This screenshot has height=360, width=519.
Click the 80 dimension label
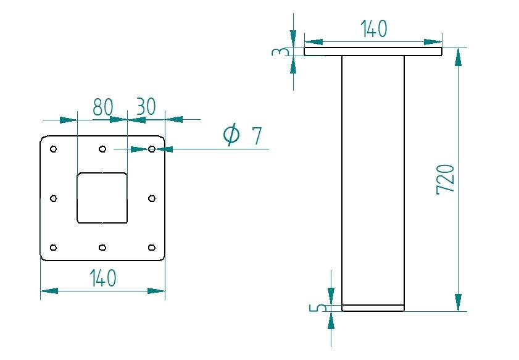click(x=103, y=107)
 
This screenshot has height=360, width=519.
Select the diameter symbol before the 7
click(x=231, y=134)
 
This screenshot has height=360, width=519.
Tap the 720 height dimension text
click(x=446, y=179)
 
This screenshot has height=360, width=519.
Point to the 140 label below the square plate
click(x=102, y=278)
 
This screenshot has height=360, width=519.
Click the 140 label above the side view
click(x=373, y=28)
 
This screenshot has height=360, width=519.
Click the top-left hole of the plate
click(x=53, y=149)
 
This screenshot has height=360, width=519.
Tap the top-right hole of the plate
click(x=152, y=149)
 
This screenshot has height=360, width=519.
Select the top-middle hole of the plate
click(x=102, y=149)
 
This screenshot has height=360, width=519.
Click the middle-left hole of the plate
click(x=53, y=198)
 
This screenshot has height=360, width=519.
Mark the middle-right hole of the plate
click(x=152, y=198)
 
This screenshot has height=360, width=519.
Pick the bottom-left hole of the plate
click(x=53, y=248)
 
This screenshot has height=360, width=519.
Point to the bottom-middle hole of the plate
click(x=102, y=248)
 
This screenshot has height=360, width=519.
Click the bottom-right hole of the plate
click(x=152, y=248)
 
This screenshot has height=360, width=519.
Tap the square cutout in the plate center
click(x=102, y=198)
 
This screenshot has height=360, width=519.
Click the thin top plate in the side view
click(x=373, y=52)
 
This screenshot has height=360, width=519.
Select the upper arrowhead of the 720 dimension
click(x=458, y=57)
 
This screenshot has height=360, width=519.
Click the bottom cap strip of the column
click(x=373, y=308)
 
